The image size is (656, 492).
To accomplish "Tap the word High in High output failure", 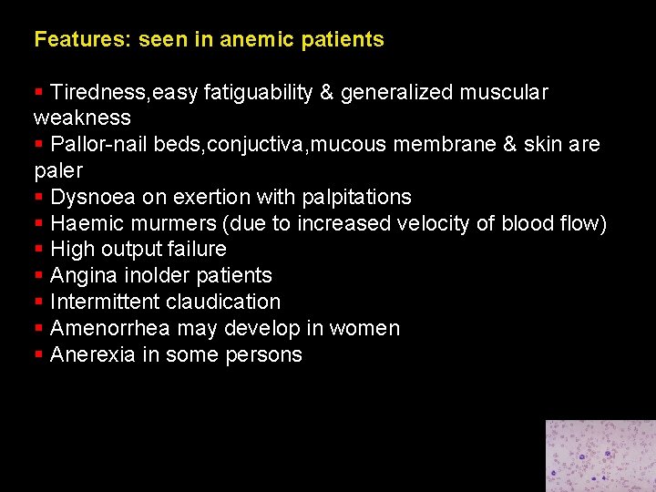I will click(70, 249).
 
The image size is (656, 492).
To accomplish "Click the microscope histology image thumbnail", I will click(600, 456).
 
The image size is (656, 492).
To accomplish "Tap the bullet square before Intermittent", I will click(38, 302).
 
